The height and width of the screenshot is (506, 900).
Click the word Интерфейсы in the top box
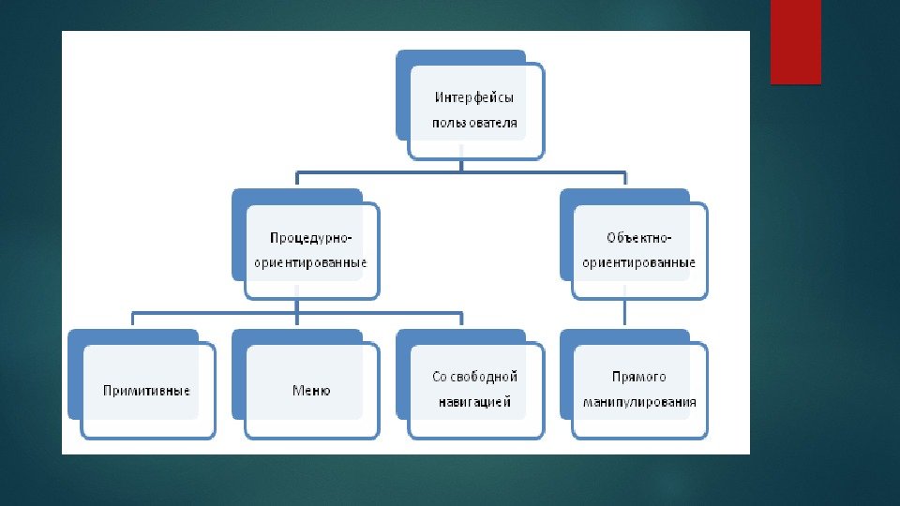[x=474, y=97]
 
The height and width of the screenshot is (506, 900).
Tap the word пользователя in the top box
[x=474, y=123]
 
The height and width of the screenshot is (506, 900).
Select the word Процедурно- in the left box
[x=309, y=238]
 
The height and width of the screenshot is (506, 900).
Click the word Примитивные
[x=147, y=390]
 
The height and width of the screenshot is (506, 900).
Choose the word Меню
[x=311, y=390]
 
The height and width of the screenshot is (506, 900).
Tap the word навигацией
[x=474, y=402]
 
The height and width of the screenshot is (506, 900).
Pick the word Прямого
[x=638, y=377]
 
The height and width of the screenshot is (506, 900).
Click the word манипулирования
[x=638, y=402]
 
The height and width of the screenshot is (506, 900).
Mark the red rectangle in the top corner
[x=795, y=41]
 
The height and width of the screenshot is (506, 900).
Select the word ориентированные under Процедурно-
[x=309, y=263]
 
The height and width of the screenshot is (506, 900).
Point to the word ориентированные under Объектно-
[x=638, y=263]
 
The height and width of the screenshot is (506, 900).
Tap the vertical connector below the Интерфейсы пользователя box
[x=462, y=165]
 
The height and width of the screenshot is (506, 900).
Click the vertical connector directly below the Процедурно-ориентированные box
[x=296, y=305]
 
